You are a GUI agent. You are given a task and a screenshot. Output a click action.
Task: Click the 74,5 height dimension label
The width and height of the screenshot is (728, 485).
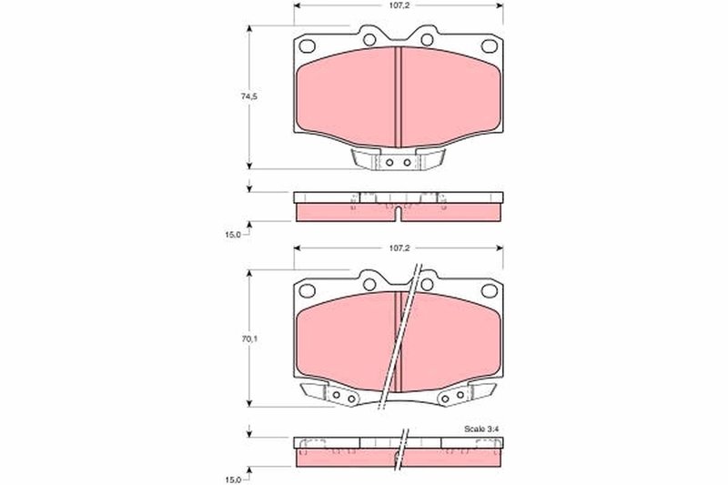point(248,96)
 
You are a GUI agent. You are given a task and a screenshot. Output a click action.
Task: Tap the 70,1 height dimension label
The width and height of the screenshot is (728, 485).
point(248,338)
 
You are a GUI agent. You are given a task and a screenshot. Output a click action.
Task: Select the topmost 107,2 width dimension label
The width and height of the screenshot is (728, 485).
point(399,5)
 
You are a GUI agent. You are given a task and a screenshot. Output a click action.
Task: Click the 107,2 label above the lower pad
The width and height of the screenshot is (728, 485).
point(399,248)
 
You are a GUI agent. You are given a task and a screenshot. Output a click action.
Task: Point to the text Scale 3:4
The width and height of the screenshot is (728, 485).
point(481,429)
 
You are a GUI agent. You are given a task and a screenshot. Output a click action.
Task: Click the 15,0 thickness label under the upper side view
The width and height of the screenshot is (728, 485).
point(233,235)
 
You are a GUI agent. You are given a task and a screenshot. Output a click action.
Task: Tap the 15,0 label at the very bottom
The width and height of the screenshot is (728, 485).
point(233,479)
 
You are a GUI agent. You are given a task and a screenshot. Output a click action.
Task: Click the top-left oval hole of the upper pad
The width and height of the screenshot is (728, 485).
point(307,45)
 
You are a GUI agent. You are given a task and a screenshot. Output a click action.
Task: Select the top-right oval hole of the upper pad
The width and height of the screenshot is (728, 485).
point(490,45)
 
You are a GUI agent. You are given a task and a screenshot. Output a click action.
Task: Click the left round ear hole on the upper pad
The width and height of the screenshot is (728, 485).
point(369,39)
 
